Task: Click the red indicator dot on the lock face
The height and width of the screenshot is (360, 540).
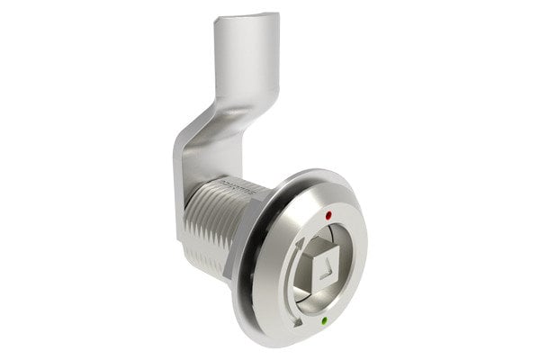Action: point(328,216)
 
